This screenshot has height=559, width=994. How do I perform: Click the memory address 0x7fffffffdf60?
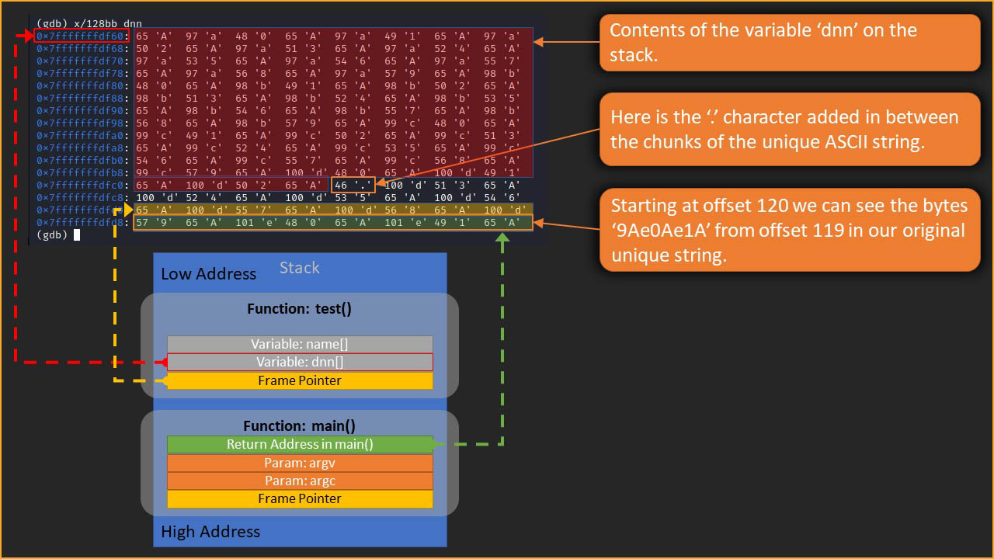[x=81, y=36]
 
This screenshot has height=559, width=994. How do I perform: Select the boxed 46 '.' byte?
[x=353, y=186]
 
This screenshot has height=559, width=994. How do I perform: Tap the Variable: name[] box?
[x=300, y=344]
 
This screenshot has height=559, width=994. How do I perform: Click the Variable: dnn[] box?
[x=300, y=362]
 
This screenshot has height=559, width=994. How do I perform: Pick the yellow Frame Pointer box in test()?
[x=300, y=380]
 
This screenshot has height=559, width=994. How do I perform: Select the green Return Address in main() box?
[x=300, y=445]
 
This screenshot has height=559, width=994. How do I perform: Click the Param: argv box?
[x=300, y=463]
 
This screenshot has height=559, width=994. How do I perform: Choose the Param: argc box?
[x=300, y=481]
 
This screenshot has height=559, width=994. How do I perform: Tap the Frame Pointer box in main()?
[x=300, y=498]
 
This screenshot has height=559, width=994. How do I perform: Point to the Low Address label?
[x=208, y=274]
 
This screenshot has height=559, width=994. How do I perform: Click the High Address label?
[x=210, y=532]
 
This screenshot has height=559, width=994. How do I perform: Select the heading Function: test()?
[x=300, y=309]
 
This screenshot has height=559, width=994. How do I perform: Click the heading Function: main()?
[x=300, y=426]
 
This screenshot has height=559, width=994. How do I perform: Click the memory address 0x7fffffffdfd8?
[x=81, y=223]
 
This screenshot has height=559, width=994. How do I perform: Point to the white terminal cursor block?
[x=77, y=235]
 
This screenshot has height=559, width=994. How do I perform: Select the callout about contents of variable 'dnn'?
[x=789, y=43]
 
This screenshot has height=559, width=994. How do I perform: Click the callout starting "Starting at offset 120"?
[x=789, y=231]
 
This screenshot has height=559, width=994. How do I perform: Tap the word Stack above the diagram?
[x=300, y=268]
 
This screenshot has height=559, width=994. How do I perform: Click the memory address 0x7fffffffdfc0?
[x=81, y=186]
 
